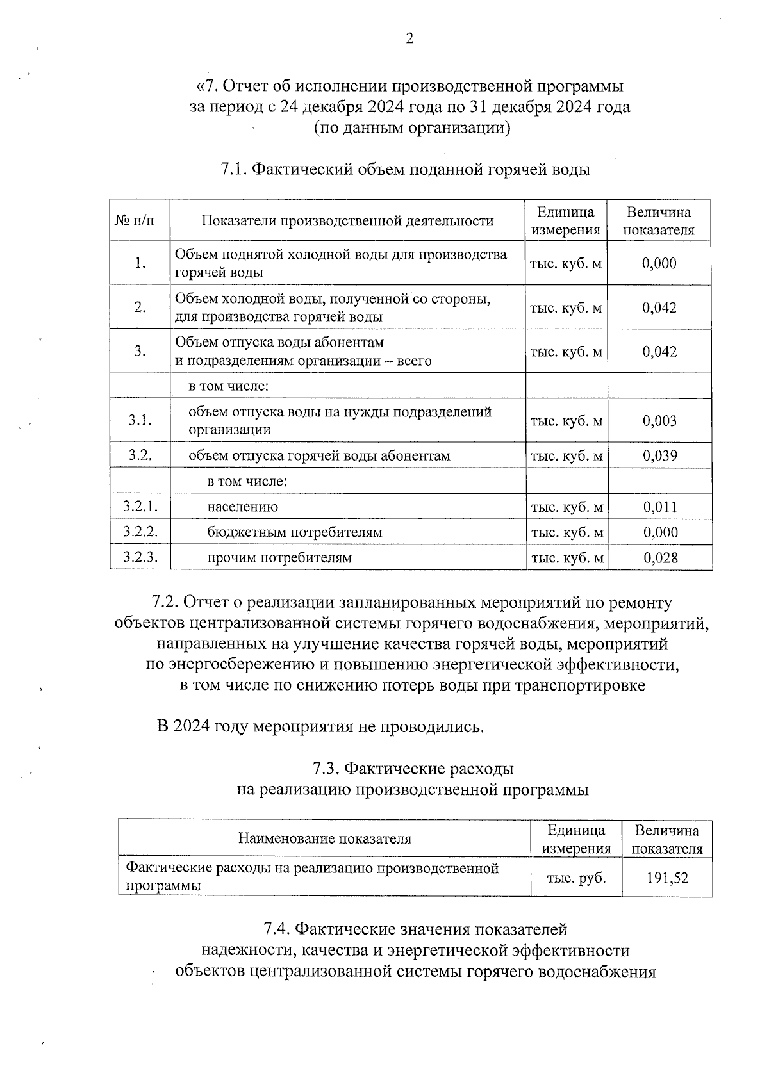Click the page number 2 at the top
pyautogui.click(x=410, y=39)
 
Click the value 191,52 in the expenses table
pyautogui.click(x=667, y=878)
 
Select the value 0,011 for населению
pyautogui.click(x=660, y=507)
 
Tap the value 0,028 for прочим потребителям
pyautogui.click(x=660, y=558)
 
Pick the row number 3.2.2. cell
pyautogui.click(x=140, y=532)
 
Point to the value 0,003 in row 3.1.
pyautogui.click(x=659, y=421)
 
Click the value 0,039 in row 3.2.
pyautogui.click(x=659, y=455)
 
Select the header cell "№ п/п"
pyautogui.click(x=134, y=221)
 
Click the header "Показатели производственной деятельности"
pyautogui.click(x=347, y=221)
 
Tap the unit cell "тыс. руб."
pyautogui.click(x=576, y=878)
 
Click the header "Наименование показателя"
pyautogui.click(x=325, y=838)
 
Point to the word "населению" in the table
pyautogui.click(x=242, y=507)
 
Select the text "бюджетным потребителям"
pyautogui.click(x=295, y=532)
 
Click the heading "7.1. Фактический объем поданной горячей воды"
pyautogui.click(x=405, y=170)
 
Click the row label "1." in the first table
pyautogui.click(x=140, y=263)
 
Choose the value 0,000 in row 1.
pyautogui.click(x=659, y=263)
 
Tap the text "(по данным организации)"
pyautogui.click(x=412, y=128)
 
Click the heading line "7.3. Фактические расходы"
pyautogui.click(x=413, y=768)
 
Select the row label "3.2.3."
pyautogui.click(x=140, y=557)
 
